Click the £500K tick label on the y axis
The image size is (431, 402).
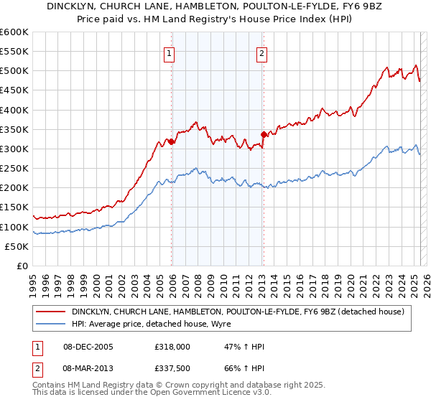14,71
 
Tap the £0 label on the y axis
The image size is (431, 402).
22,266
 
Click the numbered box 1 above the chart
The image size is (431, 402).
168,53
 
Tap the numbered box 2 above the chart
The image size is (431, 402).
261,53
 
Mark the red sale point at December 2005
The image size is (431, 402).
172,142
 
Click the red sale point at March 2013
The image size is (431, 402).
264,134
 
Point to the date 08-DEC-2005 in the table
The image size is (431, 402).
88,347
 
